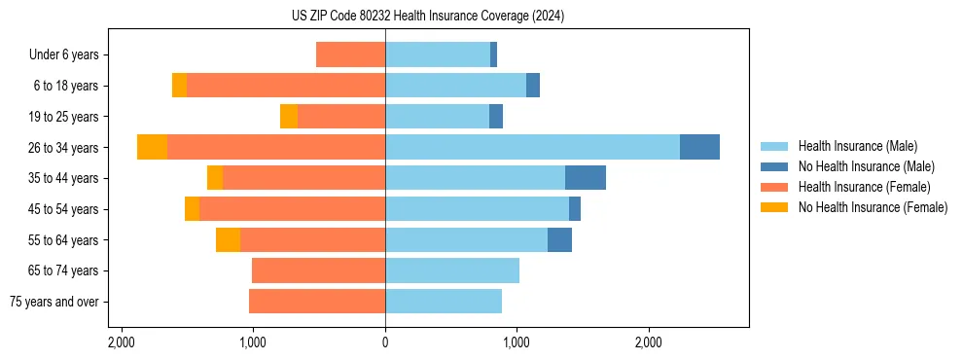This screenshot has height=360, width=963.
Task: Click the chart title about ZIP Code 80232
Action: pyautogui.click(x=427, y=16)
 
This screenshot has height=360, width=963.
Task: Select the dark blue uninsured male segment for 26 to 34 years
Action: pyautogui.click(x=699, y=147)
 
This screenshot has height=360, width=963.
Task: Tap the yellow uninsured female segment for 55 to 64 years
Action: pyautogui.click(x=228, y=239)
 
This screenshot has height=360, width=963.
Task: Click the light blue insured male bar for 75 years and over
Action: pyautogui.click(x=444, y=302)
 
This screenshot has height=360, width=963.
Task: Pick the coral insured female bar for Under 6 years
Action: pyautogui.click(x=350, y=54)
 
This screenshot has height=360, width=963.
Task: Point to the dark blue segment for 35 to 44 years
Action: pyautogui.click(x=586, y=178)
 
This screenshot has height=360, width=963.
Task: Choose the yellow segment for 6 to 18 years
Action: pyautogui.click(x=179, y=86)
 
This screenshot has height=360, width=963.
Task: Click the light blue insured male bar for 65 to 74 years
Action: pyautogui.click(x=452, y=270)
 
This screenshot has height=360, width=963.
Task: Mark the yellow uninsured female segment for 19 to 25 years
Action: pyautogui.click(x=289, y=117)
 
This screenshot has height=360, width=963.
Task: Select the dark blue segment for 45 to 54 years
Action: pyautogui.click(x=575, y=208)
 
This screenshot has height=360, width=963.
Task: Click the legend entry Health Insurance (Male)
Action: pyautogui.click(x=857, y=146)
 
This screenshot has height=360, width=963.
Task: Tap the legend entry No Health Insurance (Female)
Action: pyautogui.click(x=873, y=207)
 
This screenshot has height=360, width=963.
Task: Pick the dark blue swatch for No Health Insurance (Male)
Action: pyautogui.click(x=774, y=166)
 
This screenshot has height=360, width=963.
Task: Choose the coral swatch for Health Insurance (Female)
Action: pyautogui.click(x=774, y=187)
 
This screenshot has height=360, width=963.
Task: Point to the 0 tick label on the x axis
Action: pyautogui.click(x=385, y=342)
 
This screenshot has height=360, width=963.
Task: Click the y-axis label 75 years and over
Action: pyautogui.click(x=54, y=302)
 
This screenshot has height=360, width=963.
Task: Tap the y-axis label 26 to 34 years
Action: pyautogui.click(x=66, y=147)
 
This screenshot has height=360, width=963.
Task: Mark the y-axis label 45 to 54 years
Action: pyautogui.click(x=66, y=209)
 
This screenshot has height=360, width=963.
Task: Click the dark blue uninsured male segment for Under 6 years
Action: pyautogui.click(x=493, y=54)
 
